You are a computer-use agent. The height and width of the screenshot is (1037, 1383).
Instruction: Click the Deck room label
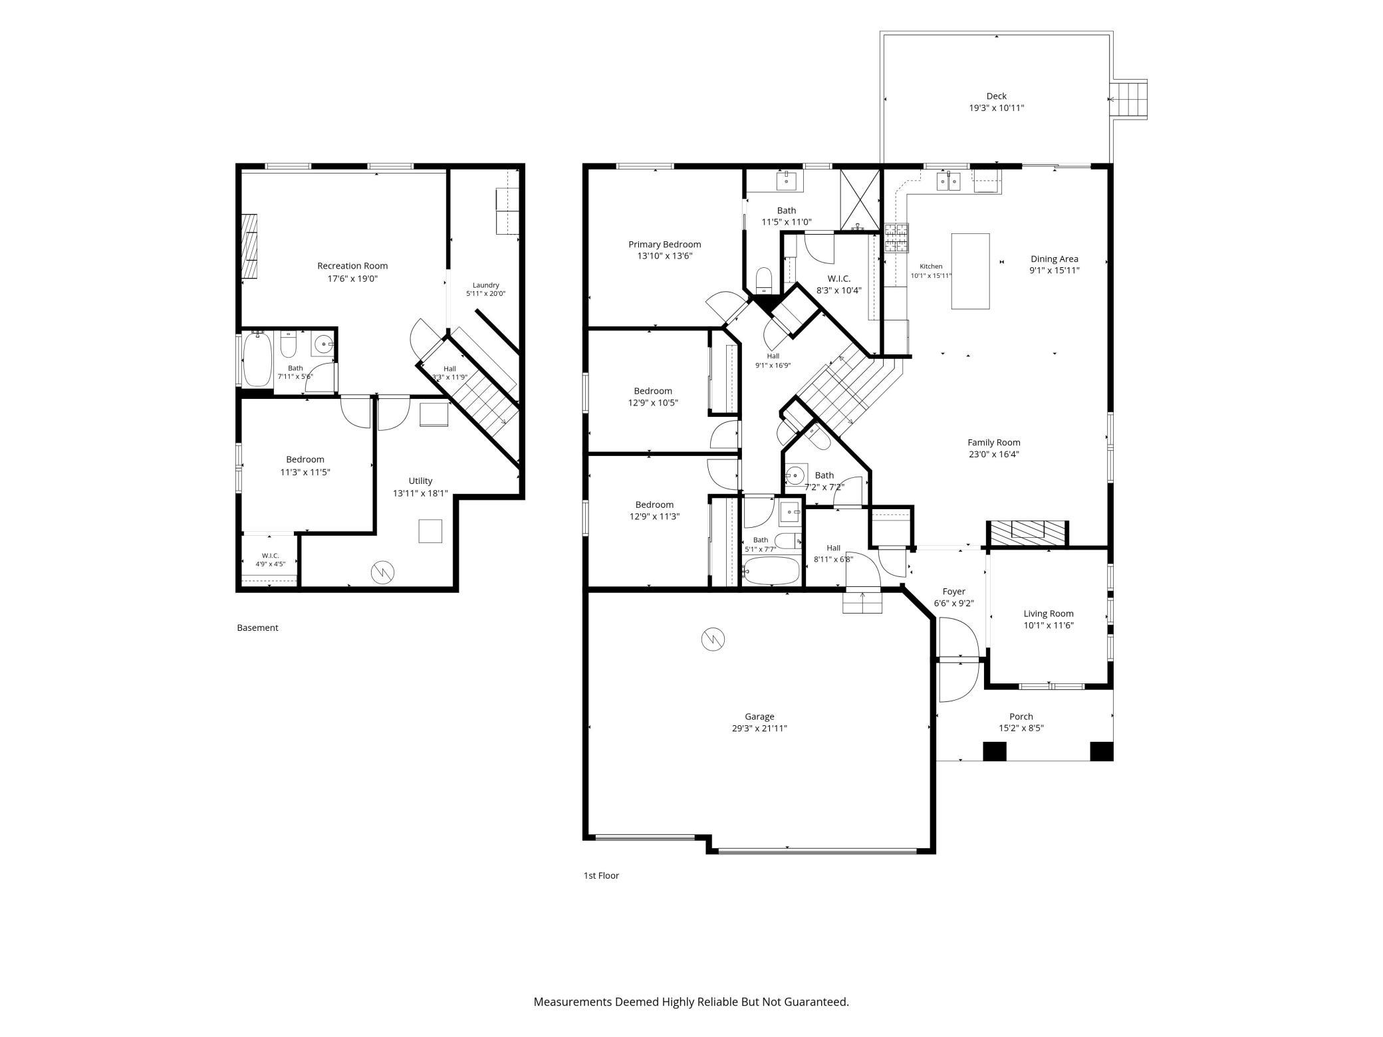[x=996, y=96]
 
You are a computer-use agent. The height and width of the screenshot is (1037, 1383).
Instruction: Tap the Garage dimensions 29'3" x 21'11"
[x=759, y=728]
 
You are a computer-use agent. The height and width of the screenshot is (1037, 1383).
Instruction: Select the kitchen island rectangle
[x=970, y=271]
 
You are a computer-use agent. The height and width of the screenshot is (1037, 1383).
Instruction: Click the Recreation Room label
[x=352, y=266]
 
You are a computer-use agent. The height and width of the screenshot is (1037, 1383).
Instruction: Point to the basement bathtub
[x=257, y=359]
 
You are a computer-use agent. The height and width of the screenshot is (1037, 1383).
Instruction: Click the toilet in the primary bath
[x=764, y=281]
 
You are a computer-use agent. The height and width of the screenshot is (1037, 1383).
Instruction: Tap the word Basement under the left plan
[x=257, y=628]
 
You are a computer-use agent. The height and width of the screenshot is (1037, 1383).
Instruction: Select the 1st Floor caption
[x=601, y=875]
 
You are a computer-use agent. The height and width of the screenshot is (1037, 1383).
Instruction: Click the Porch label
[x=1021, y=716]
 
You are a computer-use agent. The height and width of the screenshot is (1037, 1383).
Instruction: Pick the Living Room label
[x=1049, y=614]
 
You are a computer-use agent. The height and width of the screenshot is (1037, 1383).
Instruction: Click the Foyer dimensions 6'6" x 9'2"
[x=954, y=604]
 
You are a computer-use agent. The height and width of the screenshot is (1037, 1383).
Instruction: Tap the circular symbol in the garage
[x=713, y=639]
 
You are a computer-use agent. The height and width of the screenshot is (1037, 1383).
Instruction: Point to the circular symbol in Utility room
[x=383, y=572]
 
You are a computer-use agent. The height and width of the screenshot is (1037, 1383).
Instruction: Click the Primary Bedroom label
[x=664, y=244]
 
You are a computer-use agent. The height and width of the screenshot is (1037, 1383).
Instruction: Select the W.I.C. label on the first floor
[x=838, y=279]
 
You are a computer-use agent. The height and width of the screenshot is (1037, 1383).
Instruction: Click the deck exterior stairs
[x=1130, y=100]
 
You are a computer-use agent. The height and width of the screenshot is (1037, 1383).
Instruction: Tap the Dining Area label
[x=1055, y=259]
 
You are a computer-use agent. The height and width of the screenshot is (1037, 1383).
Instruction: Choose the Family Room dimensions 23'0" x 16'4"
[x=994, y=454]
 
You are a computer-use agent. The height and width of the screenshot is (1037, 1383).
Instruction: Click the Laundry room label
[x=485, y=285]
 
